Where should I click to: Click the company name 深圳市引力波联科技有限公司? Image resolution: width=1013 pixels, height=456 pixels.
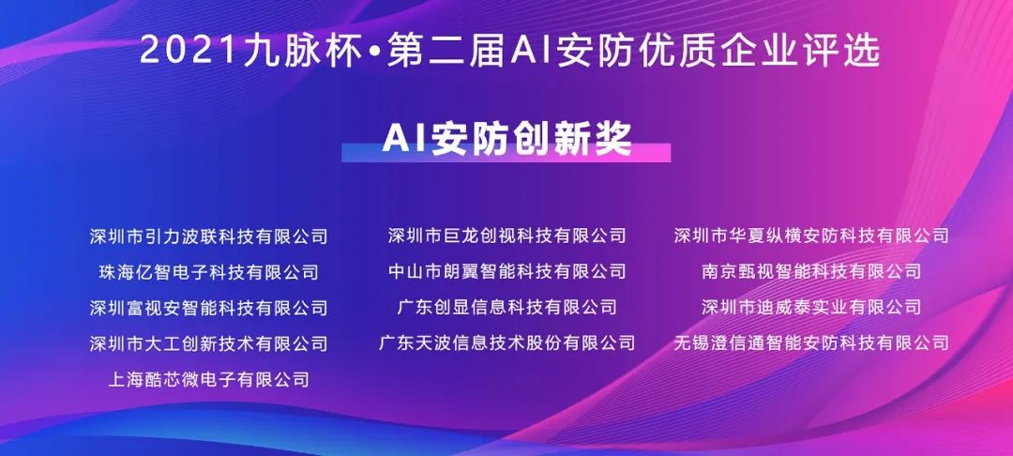208,236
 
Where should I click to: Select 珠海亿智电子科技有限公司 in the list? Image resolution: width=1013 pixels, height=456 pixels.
208,272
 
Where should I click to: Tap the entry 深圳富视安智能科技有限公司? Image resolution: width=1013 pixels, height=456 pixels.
208,308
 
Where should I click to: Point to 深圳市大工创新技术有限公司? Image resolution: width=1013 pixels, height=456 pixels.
208,343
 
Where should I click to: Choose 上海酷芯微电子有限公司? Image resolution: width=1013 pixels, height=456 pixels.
208,378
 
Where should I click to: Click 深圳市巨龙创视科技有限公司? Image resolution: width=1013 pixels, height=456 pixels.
507,236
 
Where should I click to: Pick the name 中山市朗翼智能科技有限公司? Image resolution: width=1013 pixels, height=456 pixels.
507,271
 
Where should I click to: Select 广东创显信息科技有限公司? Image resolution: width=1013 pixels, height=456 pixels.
507,307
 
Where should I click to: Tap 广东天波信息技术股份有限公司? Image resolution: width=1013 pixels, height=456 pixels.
507,342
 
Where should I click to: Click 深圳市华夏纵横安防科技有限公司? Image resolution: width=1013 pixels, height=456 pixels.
811,236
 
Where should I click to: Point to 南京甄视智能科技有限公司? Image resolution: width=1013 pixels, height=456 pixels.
811,271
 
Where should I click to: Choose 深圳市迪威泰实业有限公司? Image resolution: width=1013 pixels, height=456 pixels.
811,307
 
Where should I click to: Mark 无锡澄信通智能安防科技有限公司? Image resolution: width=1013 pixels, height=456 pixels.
811,342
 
